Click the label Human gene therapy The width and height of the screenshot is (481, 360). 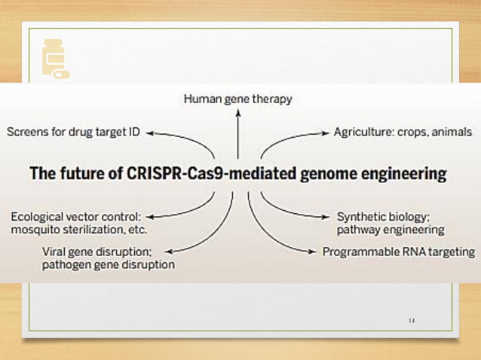237,99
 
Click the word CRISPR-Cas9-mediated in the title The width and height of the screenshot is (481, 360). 200,174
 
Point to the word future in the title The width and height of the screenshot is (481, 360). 78,174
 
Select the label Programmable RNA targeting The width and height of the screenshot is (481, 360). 399,252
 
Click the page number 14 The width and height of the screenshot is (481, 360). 411,321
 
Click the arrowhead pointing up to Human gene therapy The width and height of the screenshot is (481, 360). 237,111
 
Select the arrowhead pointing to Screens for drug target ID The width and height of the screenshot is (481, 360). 150,133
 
